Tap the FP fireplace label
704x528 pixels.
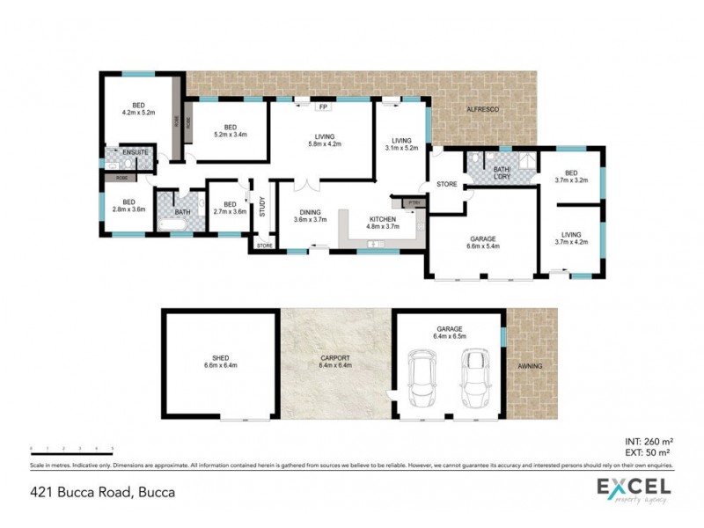pos(323,107)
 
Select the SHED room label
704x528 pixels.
pos(220,358)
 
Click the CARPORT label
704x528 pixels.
pos(336,358)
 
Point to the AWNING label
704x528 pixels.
pos(531,365)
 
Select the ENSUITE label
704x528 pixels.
pos(136,153)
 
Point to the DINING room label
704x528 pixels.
pos(309,211)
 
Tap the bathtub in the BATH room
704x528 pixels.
pos(172,225)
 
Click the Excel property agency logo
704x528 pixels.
pos(634,490)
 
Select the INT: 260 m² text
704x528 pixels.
pos(649,442)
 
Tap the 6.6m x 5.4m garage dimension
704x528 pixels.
pos(483,246)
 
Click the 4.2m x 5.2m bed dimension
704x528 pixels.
pos(139,112)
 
